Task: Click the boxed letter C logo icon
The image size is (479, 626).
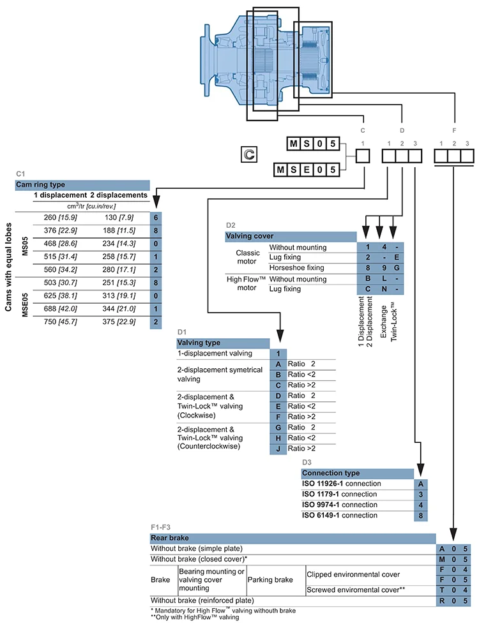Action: pyautogui.click(x=249, y=154)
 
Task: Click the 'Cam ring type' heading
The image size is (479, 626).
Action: pyautogui.click(x=40, y=185)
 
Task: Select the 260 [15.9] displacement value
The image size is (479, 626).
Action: pyautogui.click(x=60, y=218)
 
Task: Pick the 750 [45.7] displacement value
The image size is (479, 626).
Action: pyautogui.click(x=60, y=322)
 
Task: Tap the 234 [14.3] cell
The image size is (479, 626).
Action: pyautogui.click(x=119, y=244)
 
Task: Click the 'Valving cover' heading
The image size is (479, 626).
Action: pyautogui.click(x=250, y=236)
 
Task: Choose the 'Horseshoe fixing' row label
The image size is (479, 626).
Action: pyautogui.click(x=296, y=268)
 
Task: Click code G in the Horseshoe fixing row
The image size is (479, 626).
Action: pyautogui.click(x=397, y=268)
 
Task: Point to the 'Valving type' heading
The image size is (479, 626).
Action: pyautogui.click(x=199, y=343)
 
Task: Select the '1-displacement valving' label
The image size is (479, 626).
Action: pyautogui.click(x=215, y=354)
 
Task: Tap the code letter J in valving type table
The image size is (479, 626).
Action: pyautogui.click(x=278, y=449)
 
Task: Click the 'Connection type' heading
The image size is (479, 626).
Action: pyautogui.click(x=331, y=473)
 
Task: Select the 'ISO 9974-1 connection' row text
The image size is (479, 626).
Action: pyautogui.click(x=340, y=505)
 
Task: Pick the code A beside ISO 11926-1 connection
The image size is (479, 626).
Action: pyautogui.click(x=421, y=484)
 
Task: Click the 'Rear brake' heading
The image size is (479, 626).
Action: pyautogui.click(x=170, y=538)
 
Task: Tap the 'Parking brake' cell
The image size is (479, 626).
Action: pyautogui.click(x=270, y=579)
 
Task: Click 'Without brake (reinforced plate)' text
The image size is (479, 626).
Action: pyautogui.click(x=202, y=600)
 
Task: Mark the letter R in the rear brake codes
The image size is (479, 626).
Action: pyautogui.click(x=442, y=601)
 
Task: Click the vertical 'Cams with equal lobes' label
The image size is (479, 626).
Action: pyautogui.click(x=8, y=267)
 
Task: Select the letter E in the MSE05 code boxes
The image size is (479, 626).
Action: pyautogui.click(x=307, y=170)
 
